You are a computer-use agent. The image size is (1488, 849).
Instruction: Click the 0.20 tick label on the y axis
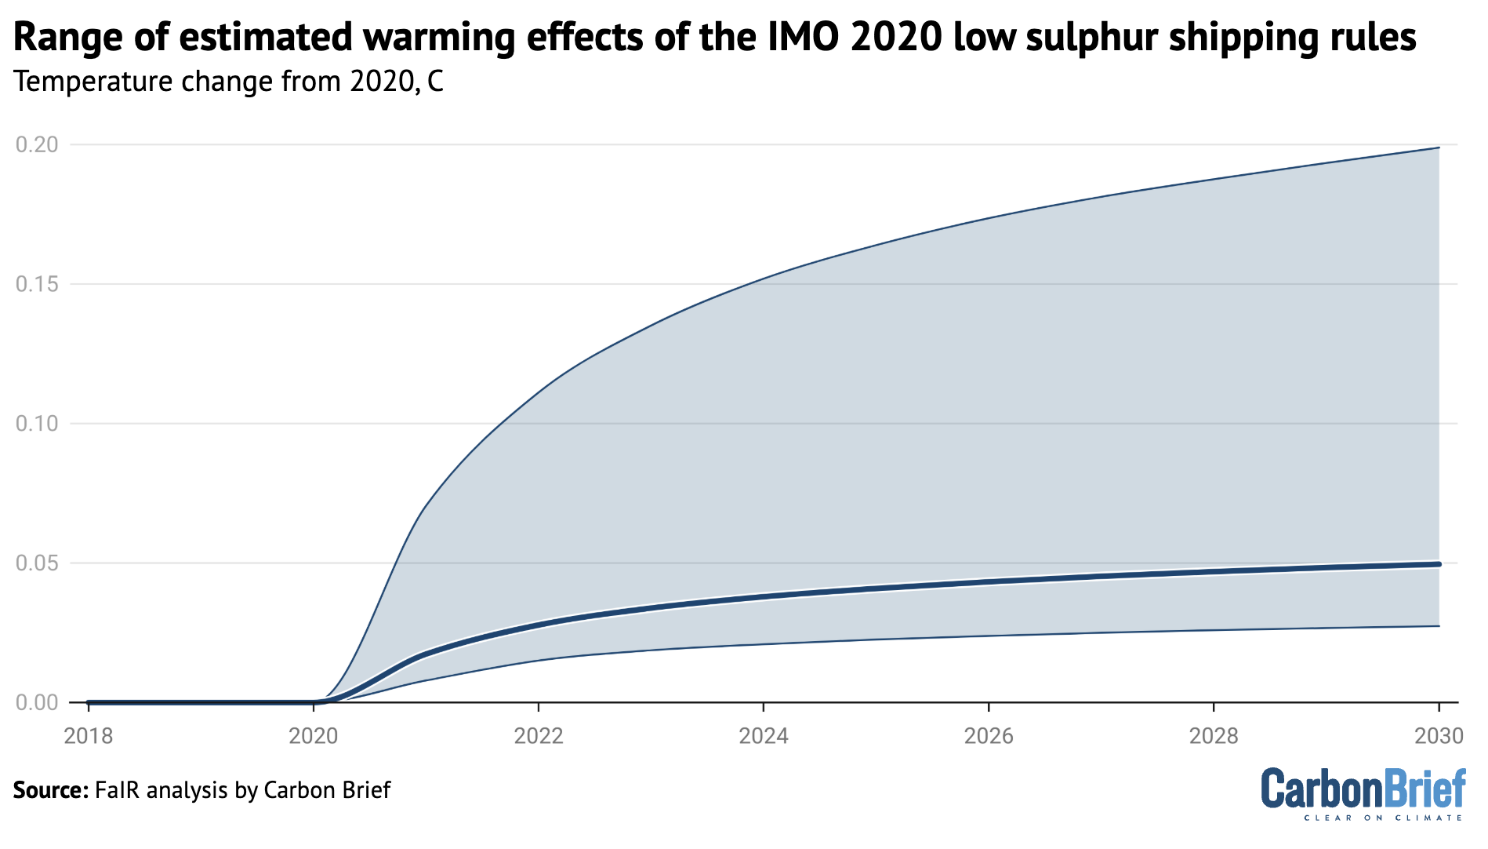[x=37, y=144]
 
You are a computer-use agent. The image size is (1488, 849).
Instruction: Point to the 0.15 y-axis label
[x=37, y=284]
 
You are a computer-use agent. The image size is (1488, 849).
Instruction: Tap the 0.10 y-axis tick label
[x=37, y=424]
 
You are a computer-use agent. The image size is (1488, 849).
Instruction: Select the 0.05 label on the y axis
[x=37, y=563]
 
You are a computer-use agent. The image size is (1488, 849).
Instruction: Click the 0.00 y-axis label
[x=37, y=702]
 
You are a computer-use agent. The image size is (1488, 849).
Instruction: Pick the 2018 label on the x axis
[x=89, y=736]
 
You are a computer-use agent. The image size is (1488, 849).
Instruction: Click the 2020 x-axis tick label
[x=314, y=736]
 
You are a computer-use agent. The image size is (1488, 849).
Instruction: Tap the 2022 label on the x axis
[x=539, y=736]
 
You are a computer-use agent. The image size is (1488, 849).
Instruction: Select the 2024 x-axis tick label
[x=764, y=736]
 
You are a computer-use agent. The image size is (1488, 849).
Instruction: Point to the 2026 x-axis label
[x=989, y=736]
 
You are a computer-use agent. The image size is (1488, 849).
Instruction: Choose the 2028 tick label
[x=1214, y=736]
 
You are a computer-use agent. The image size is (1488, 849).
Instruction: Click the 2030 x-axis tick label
[x=1439, y=736]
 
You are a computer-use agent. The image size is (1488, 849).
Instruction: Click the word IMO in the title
[x=797, y=37]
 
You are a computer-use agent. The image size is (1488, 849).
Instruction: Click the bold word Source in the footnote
[x=50, y=789]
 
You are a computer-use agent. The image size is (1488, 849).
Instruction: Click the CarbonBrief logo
[x=1363, y=793]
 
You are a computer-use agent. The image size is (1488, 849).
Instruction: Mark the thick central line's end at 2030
[x=1439, y=564]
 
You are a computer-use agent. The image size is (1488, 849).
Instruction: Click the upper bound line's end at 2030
[x=1439, y=148]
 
